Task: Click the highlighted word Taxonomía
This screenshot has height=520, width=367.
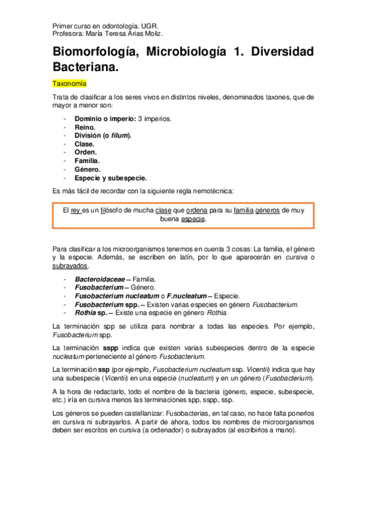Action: [69, 83]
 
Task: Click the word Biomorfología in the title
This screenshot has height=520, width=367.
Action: [94, 53]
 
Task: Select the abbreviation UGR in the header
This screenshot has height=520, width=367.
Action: [149, 26]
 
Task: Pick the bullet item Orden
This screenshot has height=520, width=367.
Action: [86, 152]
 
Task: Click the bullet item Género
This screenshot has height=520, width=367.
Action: [88, 169]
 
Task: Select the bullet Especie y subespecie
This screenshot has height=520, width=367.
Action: [110, 178]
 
